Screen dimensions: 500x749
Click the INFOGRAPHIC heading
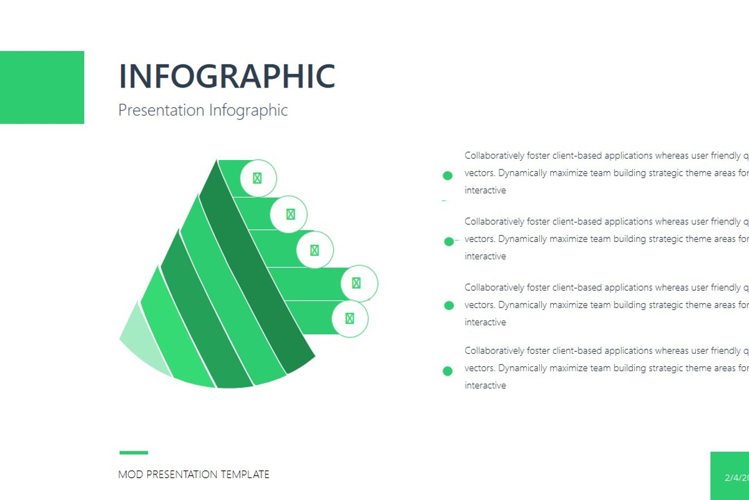tap(227, 76)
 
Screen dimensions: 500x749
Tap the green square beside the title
tap(42, 87)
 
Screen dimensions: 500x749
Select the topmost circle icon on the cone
tap(257, 178)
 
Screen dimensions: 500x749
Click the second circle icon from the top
tap(290, 214)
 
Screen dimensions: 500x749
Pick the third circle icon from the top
tap(315, 250)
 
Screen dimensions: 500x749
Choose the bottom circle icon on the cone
tap(350, 319)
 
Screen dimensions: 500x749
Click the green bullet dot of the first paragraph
tap(448, 176)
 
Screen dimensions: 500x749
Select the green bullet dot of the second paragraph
tap(449, 241)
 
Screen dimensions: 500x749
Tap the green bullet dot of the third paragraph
tap(449, 306)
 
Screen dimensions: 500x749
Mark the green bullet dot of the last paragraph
tap(448, 371)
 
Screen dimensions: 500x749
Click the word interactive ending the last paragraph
tap(485, 386)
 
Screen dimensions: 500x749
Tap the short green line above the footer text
tap(134, 452)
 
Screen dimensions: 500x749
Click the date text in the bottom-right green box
tap(737, 477)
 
